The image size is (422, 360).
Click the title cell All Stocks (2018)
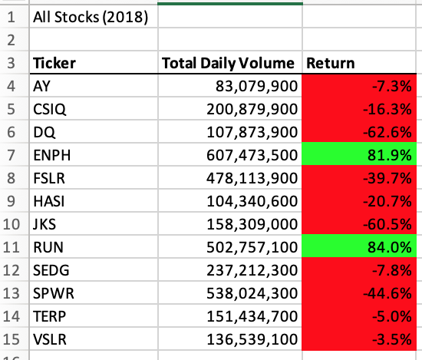click(91, 16)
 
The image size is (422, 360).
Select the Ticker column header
click(54, 63)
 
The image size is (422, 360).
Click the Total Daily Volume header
click(228, 63)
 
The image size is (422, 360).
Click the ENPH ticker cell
click(50, 154)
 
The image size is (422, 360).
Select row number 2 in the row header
click(13, 39)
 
